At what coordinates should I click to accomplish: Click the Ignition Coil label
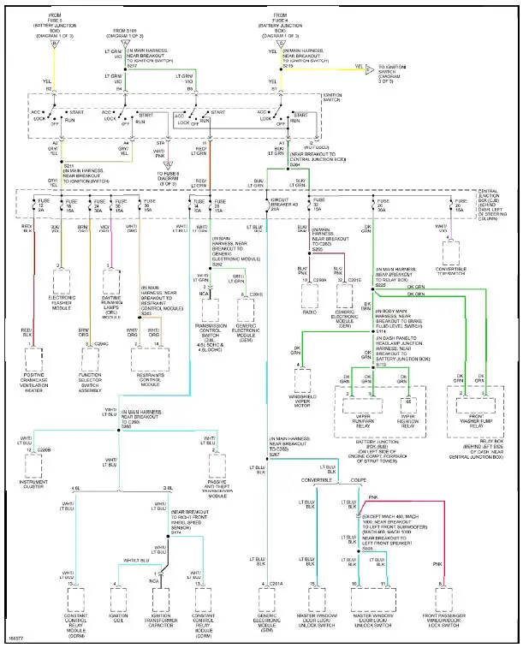(119, 615)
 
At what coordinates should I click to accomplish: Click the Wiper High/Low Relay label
(413, 397)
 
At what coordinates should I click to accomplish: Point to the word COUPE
(357, 503)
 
